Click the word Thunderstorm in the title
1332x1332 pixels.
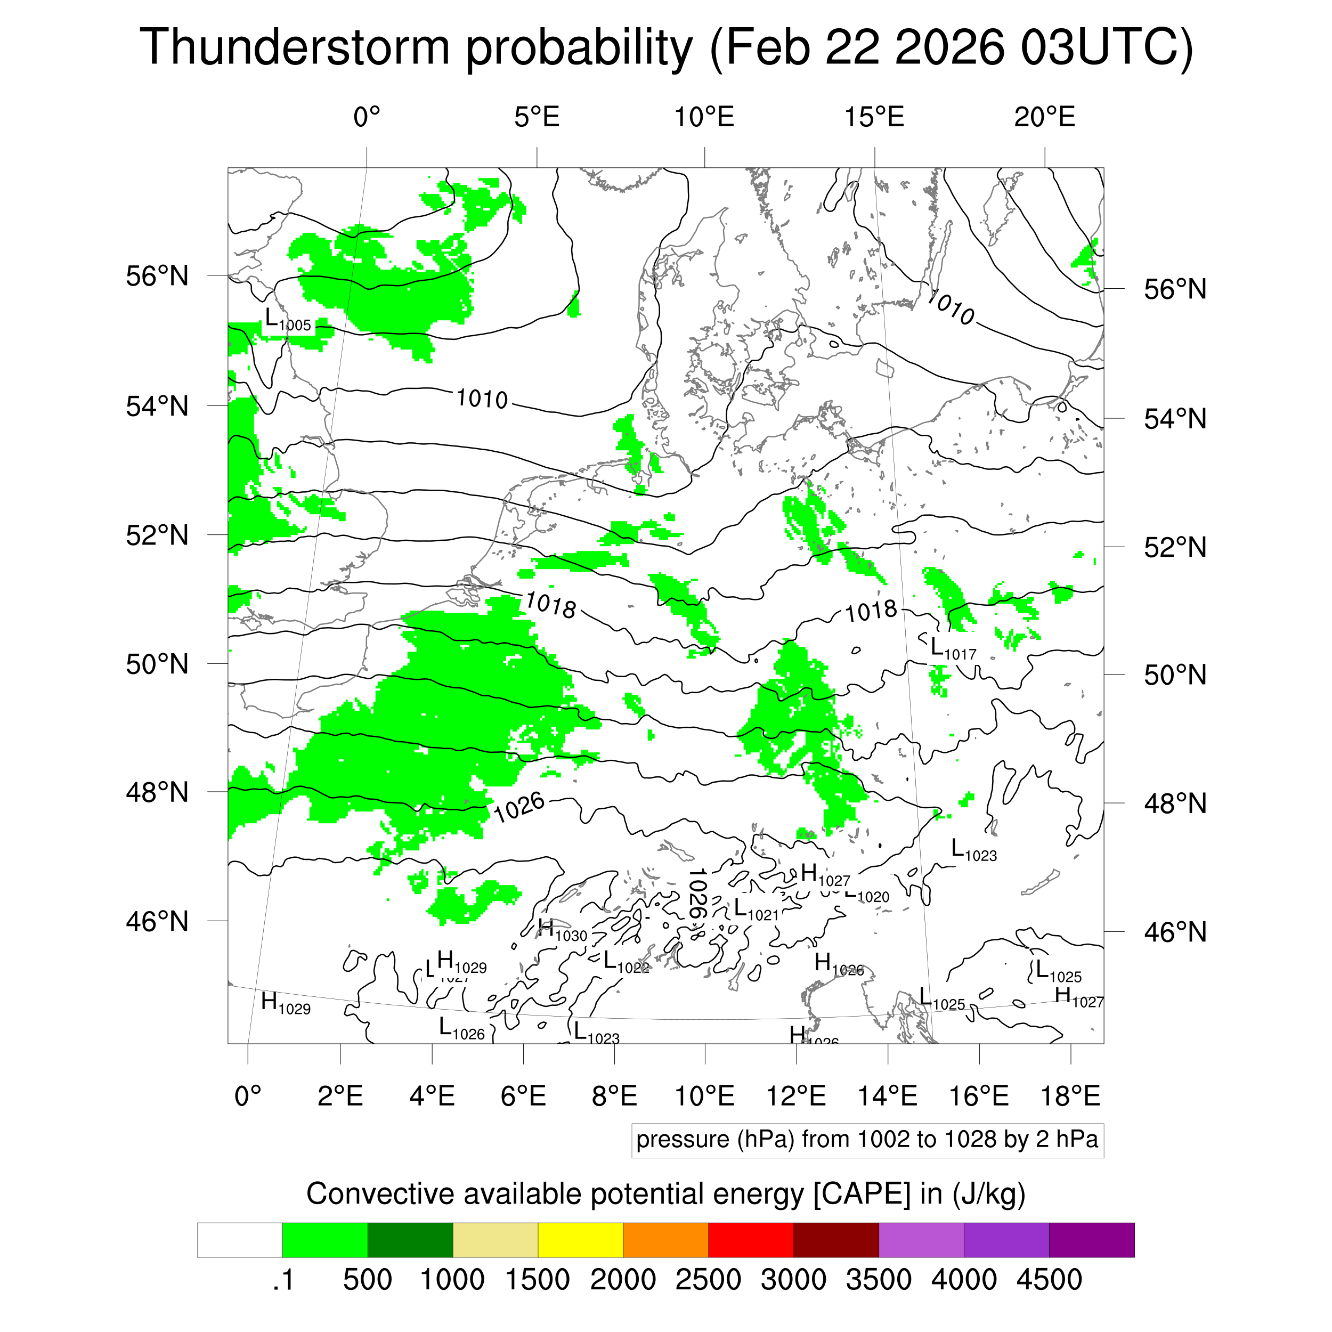[295, 47]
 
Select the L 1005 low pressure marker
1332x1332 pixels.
[288, 319]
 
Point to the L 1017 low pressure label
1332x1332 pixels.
[953, 648]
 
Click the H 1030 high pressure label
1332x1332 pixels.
[562, 931]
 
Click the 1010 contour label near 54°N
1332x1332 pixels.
[482, 399]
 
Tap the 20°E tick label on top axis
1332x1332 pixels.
[1044, 117]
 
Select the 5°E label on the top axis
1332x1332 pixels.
[537, 117]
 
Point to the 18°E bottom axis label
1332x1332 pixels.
[1070, 1096]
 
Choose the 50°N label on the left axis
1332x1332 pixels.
[157, 664]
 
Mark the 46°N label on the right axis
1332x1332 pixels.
[1175, 932]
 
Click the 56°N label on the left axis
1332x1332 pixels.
[157, 276]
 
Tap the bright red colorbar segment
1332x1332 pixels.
[750, 1240]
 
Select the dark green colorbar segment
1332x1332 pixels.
[410, 1240]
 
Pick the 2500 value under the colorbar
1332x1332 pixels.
[708, 1280]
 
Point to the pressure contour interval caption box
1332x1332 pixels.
[867, 1140]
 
